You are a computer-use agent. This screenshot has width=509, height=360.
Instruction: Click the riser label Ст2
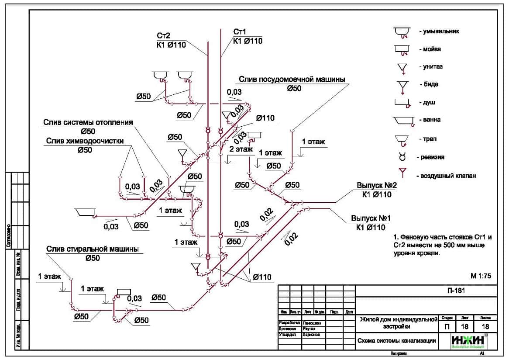[x=164, y=35]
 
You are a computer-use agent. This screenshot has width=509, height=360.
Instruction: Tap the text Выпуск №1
[x=371, y=218]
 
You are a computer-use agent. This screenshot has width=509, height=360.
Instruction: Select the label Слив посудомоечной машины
[x=292, y=80]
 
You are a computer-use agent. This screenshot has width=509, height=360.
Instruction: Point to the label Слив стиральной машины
[x=92, y=249]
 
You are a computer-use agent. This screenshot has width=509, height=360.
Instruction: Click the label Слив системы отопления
[x=88, y=122]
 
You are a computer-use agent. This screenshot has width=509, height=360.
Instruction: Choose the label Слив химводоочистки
[x=85, y=141]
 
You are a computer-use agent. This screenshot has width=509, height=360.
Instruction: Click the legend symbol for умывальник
[x=402, y=31]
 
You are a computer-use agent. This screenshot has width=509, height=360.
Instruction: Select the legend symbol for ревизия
[x=402, y=156]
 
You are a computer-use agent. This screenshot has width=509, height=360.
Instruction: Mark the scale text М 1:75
[x=481, y=276]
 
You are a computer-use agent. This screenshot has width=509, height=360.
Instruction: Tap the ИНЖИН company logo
[x=469, y=341]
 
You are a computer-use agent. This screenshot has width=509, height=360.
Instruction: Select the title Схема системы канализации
[x=397, y=341]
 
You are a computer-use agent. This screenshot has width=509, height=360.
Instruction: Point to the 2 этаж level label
[x=241, y=149]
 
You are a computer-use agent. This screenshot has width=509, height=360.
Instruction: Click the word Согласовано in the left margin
[x=9, y=236]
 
